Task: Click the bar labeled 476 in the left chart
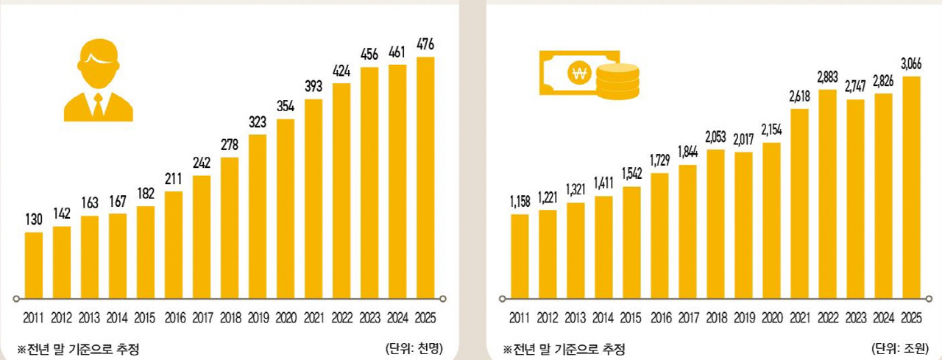click(x=425, y=177)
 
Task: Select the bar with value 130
click(x=34, y=265)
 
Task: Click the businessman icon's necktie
click(x=98, y=107)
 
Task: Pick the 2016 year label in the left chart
click(x=174, y=319)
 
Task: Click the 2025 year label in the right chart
click(x=911, y=319)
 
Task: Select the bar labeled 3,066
click(x=911, y=187)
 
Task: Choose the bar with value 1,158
click(x=520, y=256)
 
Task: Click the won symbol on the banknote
click(x=578, y=73)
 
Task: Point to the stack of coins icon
click(x=618, y=81)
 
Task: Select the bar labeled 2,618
click(x=799, y=203)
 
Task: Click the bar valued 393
click(x=314, y=199)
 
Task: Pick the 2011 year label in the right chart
click(x=520, y=319)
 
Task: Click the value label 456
click(x=369, y=55)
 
